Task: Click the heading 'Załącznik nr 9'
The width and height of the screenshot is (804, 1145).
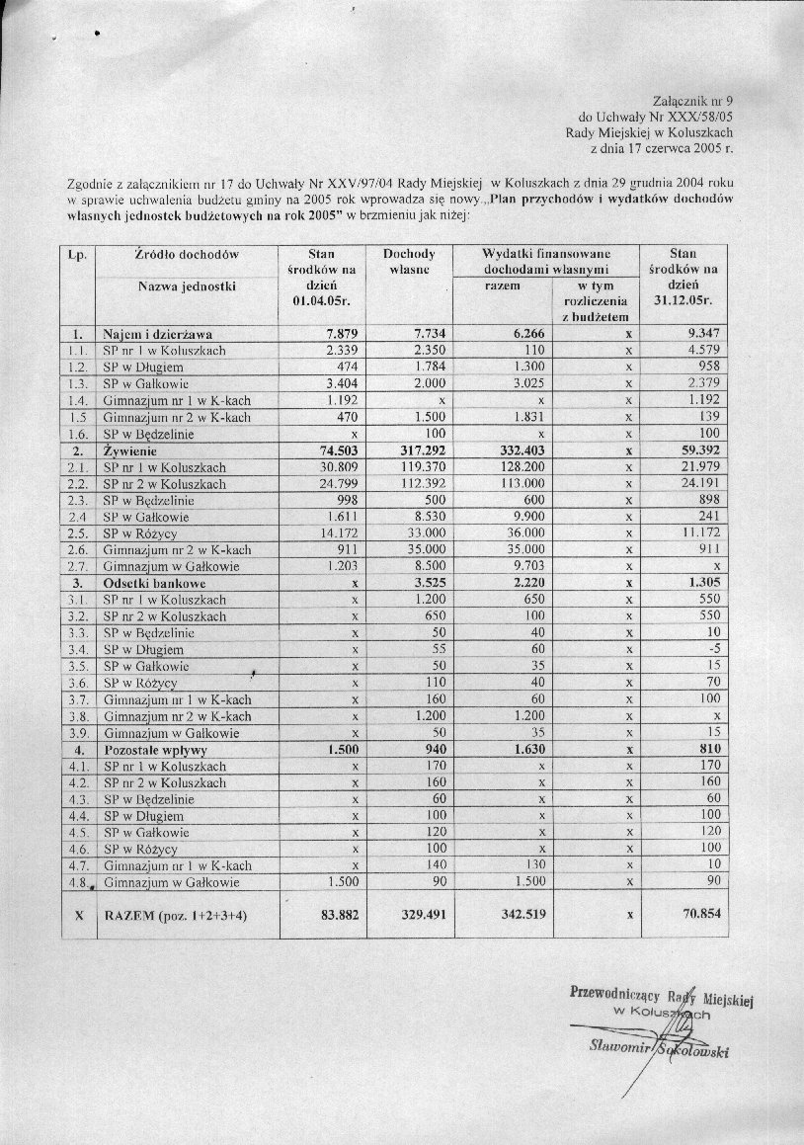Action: (694, 100)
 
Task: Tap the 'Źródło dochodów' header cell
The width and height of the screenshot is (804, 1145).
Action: (187, 254)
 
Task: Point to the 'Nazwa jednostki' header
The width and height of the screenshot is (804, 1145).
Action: (187, 286)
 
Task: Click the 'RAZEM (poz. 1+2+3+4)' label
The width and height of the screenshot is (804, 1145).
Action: (175, 916)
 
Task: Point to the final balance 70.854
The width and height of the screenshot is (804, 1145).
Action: (703, 916)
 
